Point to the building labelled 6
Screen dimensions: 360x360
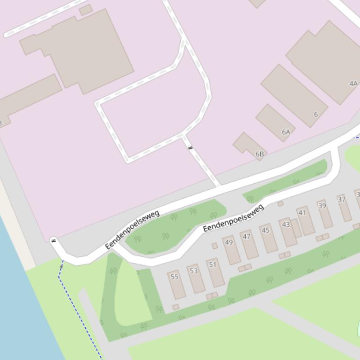coord(294,95)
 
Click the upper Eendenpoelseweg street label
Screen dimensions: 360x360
coord(132,230)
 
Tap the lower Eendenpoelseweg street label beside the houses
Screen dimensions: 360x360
coord(233,218)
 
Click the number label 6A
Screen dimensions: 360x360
coord(286,132)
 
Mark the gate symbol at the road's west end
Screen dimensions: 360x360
coord(53,241)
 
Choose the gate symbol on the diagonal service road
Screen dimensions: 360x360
coord(190,148)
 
